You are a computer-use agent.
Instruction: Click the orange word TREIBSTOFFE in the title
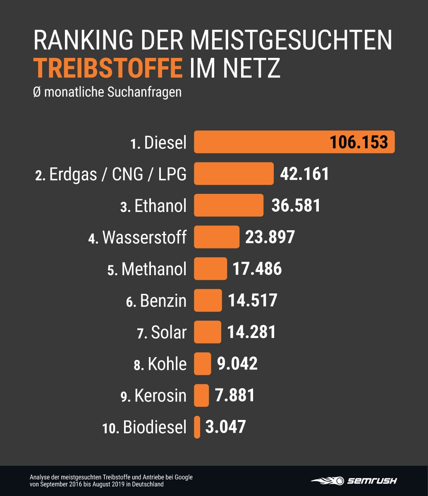108,68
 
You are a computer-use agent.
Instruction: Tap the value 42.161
304,174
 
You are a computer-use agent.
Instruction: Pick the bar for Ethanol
228,205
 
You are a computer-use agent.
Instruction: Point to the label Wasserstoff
144,237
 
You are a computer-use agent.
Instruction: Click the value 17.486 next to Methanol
257,269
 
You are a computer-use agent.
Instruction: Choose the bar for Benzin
208,300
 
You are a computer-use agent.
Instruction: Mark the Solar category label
169,332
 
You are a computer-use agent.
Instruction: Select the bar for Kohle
202,364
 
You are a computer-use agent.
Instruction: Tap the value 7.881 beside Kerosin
234,395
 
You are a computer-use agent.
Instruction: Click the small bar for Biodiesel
197,427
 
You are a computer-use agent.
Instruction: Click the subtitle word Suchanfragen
144,92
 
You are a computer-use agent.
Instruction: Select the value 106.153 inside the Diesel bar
359,142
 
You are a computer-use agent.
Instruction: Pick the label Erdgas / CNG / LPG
117,174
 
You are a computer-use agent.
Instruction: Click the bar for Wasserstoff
216,237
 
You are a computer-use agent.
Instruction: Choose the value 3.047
225,427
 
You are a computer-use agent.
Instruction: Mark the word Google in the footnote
184,477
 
